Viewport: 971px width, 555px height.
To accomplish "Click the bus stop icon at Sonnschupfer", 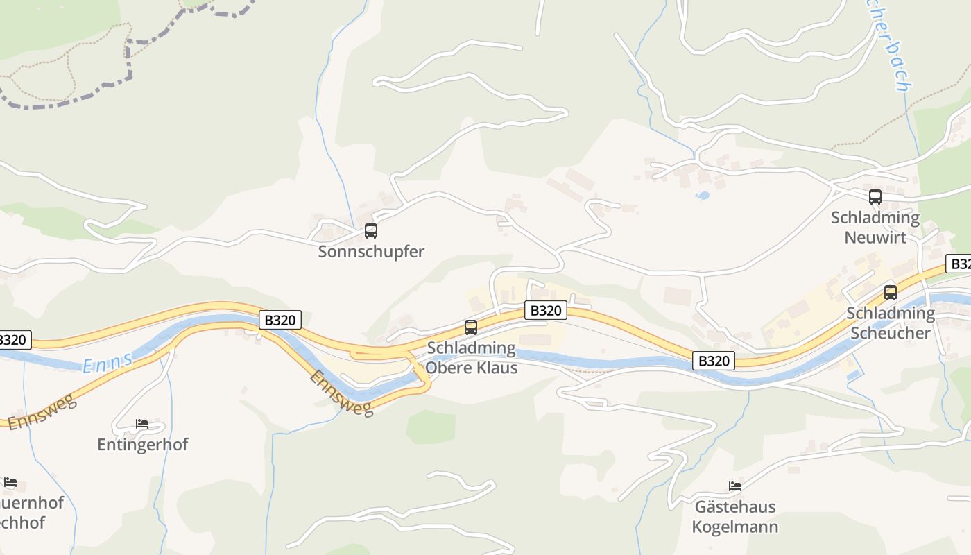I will coord(371,231).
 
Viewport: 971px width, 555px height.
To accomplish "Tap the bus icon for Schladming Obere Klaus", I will coord(471,327).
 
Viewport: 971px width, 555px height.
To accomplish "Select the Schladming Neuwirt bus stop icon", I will coord(875,197).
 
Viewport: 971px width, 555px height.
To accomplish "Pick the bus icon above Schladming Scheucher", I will coord(891,293).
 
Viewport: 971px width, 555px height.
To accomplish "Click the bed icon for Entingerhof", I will coord(142,424).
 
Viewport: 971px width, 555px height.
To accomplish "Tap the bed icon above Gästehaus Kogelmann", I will coord(735,486).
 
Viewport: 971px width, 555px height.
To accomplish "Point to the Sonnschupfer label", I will coord(371,251).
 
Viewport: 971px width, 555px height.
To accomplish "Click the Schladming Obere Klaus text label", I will coord(472,357).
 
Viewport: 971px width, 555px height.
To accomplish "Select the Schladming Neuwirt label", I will coord(875,227).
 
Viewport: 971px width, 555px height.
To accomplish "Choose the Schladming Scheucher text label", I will coord(891,323).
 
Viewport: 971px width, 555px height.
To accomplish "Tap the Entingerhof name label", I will coord(143,444).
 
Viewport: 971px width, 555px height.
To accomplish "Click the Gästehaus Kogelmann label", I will coord(735,516).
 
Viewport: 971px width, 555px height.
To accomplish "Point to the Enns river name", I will coord(108,361).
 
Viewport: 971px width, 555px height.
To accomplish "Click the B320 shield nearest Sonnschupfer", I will coord(281,320).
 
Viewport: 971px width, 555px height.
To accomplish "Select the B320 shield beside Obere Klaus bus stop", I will coord(545,310).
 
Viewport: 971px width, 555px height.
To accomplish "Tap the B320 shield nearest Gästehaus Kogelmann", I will coord(714,361).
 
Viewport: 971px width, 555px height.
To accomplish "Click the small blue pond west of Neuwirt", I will coord(703,196).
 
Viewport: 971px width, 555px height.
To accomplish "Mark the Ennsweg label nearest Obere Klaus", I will coord(341,393).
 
